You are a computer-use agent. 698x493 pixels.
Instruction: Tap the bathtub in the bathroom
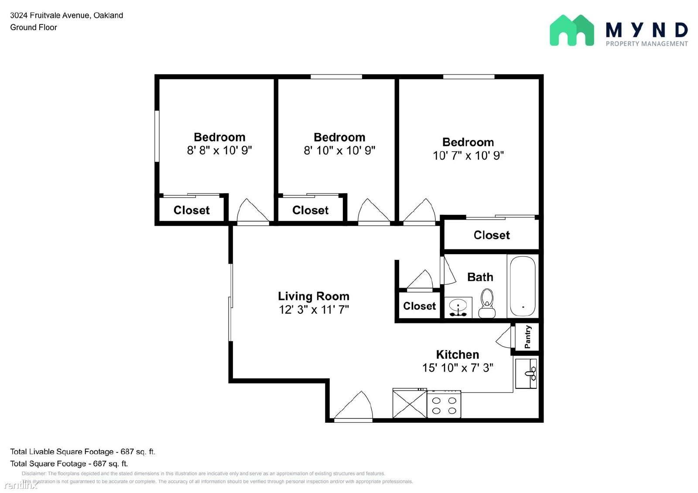523,286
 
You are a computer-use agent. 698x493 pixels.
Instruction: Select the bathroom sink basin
458,307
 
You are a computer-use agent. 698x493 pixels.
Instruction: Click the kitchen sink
526,374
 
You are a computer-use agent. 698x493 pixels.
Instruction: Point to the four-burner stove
444,404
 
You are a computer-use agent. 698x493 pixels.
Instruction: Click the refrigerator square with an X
410,404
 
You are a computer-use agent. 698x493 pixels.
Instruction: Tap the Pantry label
527,337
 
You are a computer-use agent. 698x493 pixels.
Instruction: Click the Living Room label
314,296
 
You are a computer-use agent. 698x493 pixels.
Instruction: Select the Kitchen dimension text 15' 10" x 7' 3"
458,367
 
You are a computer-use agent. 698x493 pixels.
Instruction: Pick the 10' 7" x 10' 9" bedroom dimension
468,155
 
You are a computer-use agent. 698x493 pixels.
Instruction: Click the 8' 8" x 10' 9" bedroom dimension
219,150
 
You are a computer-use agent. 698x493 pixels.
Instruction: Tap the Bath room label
480,277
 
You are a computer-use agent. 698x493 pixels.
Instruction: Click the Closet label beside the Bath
419,306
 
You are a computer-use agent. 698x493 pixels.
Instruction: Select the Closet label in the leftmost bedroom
192,210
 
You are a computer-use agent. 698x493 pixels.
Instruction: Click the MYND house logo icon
572,30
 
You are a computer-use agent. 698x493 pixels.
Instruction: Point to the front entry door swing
353,405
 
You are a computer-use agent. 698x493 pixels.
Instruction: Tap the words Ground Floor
34,27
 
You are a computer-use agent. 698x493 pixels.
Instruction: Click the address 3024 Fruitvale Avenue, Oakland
67,15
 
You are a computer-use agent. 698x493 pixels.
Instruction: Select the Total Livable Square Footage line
82,452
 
